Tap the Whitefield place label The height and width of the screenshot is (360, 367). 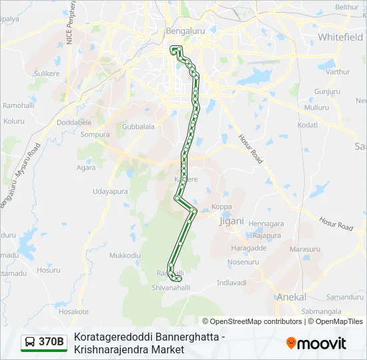click(x=340, y=37)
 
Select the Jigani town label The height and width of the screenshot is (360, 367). click(x=232, y=221)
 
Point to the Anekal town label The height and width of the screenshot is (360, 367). click(x=292, y=297)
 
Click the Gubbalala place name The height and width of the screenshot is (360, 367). click(x=139, y=126)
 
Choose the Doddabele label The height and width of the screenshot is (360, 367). click(x=74, y=123)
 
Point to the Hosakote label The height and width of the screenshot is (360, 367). click(x=73, y=311)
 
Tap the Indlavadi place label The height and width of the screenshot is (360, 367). click(x=232, y=283)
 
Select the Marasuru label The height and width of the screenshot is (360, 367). click(x=305, y=249)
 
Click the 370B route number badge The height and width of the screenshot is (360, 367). click(x=44, y=342)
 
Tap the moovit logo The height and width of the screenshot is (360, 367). click(x=316, y=343)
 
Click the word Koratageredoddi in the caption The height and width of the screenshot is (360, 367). click(x=110, y=337)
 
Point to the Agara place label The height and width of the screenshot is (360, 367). click(x=85, y=167)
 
